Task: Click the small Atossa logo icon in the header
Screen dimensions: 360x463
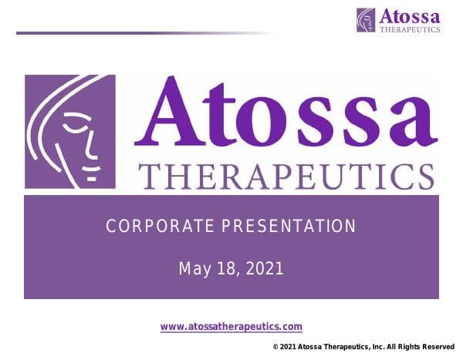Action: (x=366, y=20)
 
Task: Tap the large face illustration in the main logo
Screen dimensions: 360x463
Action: (x=70, y=131)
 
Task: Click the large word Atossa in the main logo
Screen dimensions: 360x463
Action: (x=286, y=114)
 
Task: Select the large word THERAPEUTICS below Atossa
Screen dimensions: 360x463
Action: (x=286, y=176)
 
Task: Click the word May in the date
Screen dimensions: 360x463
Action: (x=194, y=269)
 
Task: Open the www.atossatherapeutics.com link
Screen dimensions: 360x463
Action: (x=231, y=327)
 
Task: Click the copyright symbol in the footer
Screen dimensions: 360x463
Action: (x=275, y=348)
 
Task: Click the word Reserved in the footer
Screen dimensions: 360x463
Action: (x=438, y=348)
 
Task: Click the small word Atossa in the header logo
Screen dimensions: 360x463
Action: (x=409, y=16)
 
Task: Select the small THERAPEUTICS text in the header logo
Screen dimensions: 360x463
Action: (x=410, y=29)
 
